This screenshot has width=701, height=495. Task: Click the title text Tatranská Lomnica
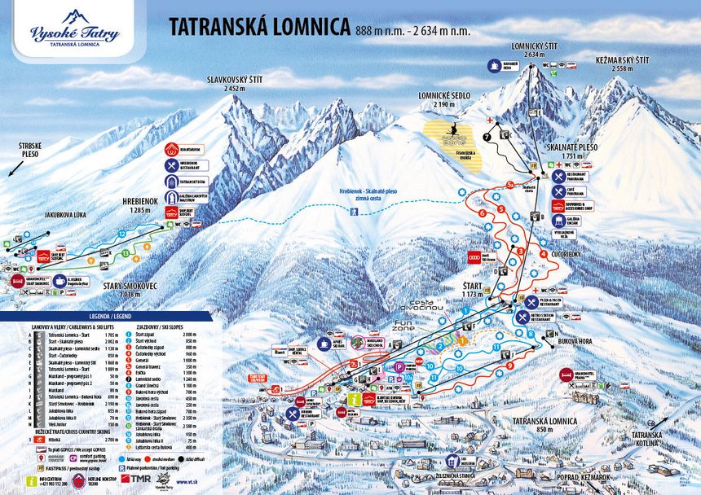(x=259, y=28)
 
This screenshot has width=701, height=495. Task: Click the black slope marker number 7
(x=487, y=138)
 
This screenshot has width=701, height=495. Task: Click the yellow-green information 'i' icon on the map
(x=353, y=400)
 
